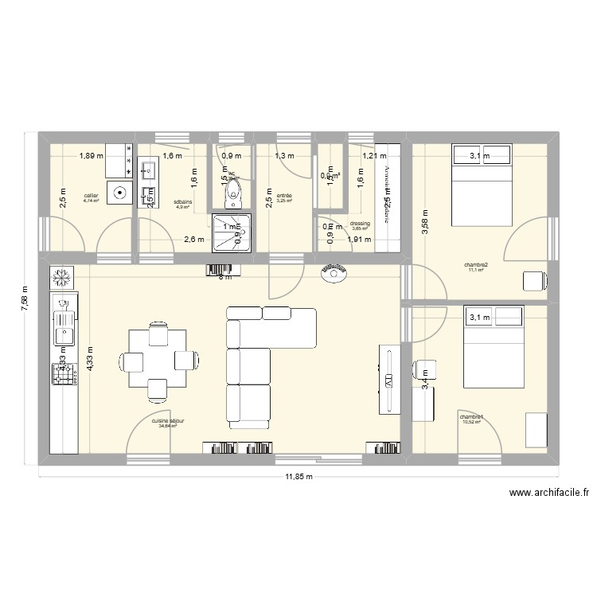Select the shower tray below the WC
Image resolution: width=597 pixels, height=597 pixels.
pyautogui.click(x=231, y=229)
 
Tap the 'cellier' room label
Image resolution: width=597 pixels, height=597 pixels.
pyautogui.click(x=92, y=195)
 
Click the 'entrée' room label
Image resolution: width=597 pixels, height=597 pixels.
pyautogui.click(x=284, y=196)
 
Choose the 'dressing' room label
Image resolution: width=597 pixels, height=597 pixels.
pyautogui.click(x=360, y=224)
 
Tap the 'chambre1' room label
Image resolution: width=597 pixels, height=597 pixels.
pyautogui.click(x=471, y=416)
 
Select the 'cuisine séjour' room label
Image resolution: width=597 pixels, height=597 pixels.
pyautogui.click(x=167, y=422)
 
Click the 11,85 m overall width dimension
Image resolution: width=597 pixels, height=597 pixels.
pyautogui.click(x=298, y=478)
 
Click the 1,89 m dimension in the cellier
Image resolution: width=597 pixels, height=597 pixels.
pyautogui.click(x=91, y=156)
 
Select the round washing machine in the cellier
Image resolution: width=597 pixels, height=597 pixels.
pyautogui.click(x=119, y=192)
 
